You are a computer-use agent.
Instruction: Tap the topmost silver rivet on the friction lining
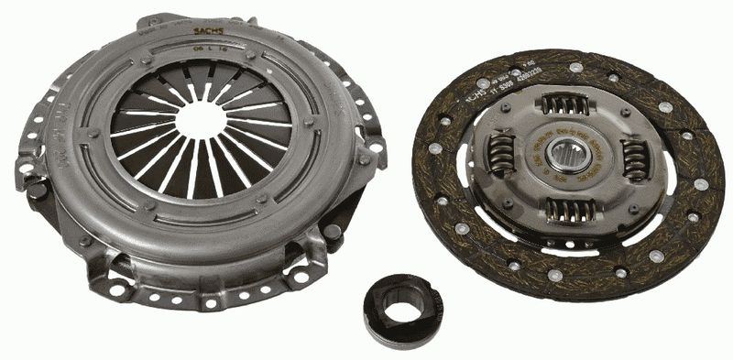click(x=575, y=67)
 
